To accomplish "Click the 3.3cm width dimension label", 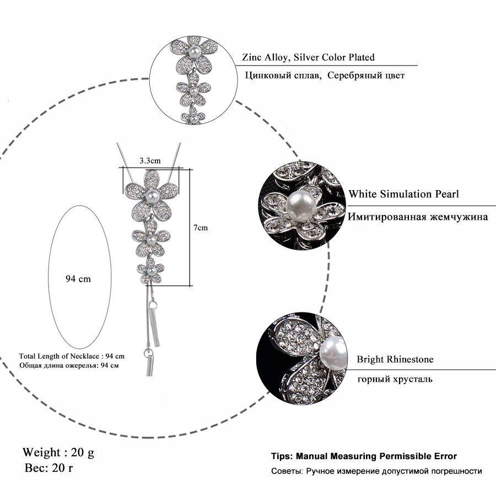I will (x=150, y=161).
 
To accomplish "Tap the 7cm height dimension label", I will (x=201, y=227).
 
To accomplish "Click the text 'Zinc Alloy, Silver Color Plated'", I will (x=308, y=57).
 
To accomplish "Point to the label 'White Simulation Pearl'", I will (x=403, y=194).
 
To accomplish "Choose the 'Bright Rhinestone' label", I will (x=395, y=359).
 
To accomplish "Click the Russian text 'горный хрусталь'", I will (x=395, y=379).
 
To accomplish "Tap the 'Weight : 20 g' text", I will (x=58, y=452).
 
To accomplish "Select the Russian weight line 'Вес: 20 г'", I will (x=50, y=469).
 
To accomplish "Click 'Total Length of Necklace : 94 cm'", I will (x=72, y=356).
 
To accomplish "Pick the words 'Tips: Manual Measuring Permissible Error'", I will (x=364, y=456).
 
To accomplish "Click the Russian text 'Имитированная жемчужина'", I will (x=417, y=217).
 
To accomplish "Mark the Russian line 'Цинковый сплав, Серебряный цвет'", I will (x=325, y=76).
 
